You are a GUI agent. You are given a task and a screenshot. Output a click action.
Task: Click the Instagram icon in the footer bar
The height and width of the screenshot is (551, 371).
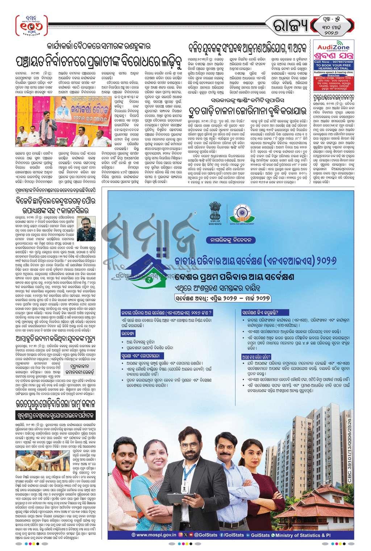pyautogui.click(x=181, y=535)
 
